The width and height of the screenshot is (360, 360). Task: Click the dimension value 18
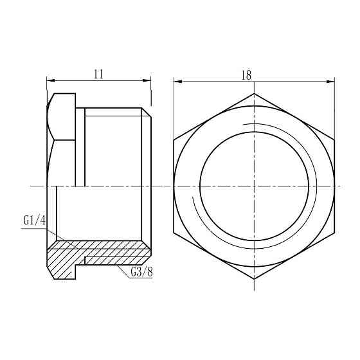point(246,75)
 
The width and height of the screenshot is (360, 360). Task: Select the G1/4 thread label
point(35,221)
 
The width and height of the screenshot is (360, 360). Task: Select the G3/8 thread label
point(141,272)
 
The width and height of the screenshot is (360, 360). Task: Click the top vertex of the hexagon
point(254,93)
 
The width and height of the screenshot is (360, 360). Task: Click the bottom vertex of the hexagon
point(254,279)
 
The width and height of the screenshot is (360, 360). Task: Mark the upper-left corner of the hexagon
point(174,139)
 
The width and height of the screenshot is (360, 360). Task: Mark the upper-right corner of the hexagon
point(334,139)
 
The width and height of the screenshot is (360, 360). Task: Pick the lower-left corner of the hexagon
point(174,232)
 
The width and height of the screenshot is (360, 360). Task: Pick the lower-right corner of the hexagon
point(334,232)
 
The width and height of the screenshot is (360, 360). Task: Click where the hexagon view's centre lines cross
point(254,186)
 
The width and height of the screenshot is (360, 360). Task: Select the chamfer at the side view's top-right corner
point(147,113)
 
